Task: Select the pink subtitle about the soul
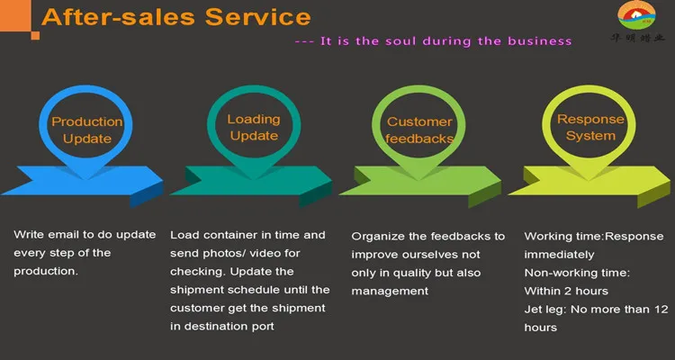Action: click(x=433, y=40)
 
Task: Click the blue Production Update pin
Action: click(x=86, y=130)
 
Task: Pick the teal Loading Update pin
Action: click(x=254, y=127)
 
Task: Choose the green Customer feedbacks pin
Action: click(x=419, y=130)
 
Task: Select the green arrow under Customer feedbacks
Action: click(x=419, y=184)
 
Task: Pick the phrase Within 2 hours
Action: click(x=566, y=291)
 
